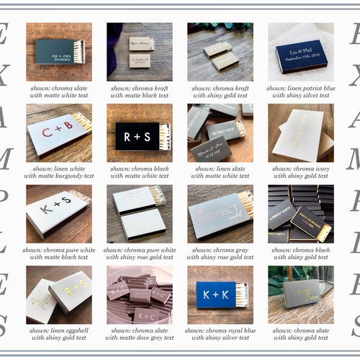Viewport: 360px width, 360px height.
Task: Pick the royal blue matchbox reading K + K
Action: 216,294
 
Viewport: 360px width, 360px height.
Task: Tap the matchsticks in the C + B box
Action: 81,122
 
